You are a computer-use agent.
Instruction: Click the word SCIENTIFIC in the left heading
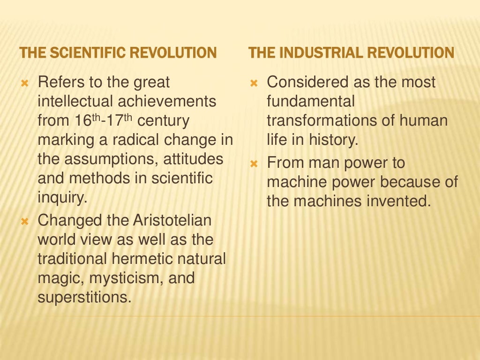click(87, 52)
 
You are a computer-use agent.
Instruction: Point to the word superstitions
click(84, 297)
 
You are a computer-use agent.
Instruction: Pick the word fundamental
click(311, 102)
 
